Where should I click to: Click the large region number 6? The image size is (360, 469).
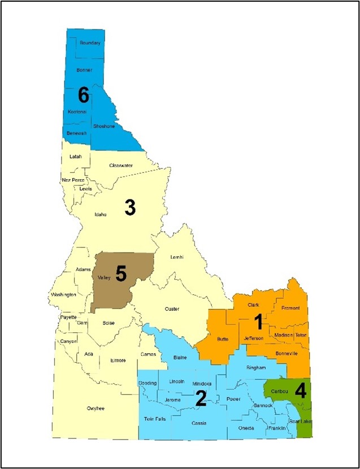(x=83, y=95)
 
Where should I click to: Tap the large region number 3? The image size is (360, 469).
(x=130, y=208)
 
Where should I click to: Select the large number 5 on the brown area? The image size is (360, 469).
(x=120, y=273)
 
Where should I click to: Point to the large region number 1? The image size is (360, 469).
(x=258, y=322)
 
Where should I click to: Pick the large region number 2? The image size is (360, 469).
(x=201, y=399)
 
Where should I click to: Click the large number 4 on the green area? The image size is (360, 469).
(x=301, y=391)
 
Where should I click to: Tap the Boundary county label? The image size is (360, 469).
(x=90, y=43)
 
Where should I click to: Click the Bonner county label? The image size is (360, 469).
(x=83, y=70)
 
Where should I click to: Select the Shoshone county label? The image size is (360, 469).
(x=103, y=127)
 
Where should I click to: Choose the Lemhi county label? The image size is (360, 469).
(x=178, y=257)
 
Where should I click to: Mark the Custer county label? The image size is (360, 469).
(x=172, y=309)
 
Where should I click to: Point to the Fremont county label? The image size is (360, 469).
(x=290, y=308)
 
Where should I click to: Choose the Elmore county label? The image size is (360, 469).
(x=118, y=360)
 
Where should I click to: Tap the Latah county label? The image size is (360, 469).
(x=76, y=156)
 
